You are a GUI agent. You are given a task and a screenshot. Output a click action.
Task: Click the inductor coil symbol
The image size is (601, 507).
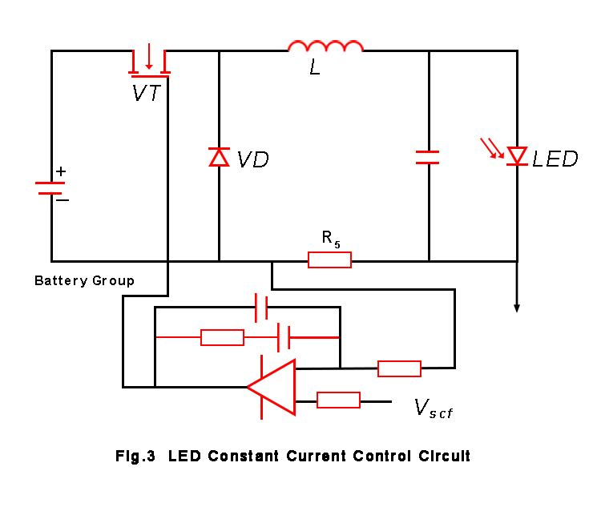pos(325,46)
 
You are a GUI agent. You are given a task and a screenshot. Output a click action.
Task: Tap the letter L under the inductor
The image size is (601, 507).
pos(315,69)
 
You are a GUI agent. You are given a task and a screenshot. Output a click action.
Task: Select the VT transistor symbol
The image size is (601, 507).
pos(148,61)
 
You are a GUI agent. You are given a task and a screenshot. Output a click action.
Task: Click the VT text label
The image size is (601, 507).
pos(147,94)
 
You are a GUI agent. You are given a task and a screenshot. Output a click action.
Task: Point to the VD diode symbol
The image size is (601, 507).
pos(219,157)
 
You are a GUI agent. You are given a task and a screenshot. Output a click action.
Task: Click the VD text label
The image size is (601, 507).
pos(252,159)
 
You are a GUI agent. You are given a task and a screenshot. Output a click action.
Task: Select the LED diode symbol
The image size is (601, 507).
pos(517,155)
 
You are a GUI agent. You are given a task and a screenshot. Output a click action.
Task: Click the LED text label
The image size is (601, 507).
pos(555,159)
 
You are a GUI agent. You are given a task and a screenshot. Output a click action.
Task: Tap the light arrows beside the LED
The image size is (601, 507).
pos(491,148)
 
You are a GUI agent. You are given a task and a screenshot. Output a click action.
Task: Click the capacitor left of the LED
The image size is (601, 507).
pos(428,157)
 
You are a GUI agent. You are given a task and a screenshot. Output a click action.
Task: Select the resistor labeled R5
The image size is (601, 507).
pos(329,260)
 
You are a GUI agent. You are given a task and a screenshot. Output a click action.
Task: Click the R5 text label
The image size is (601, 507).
pos(331,238)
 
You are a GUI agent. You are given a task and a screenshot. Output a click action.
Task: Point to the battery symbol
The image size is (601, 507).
pos(50,187)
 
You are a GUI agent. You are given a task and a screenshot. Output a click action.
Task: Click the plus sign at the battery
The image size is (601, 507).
pos(61,171)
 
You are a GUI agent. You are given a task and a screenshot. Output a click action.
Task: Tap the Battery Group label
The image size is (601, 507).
pos(84,281)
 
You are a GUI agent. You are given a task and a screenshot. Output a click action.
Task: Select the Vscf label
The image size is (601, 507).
pos(434,408)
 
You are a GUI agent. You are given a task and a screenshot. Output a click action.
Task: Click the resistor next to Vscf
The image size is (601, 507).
pos(338,400)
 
